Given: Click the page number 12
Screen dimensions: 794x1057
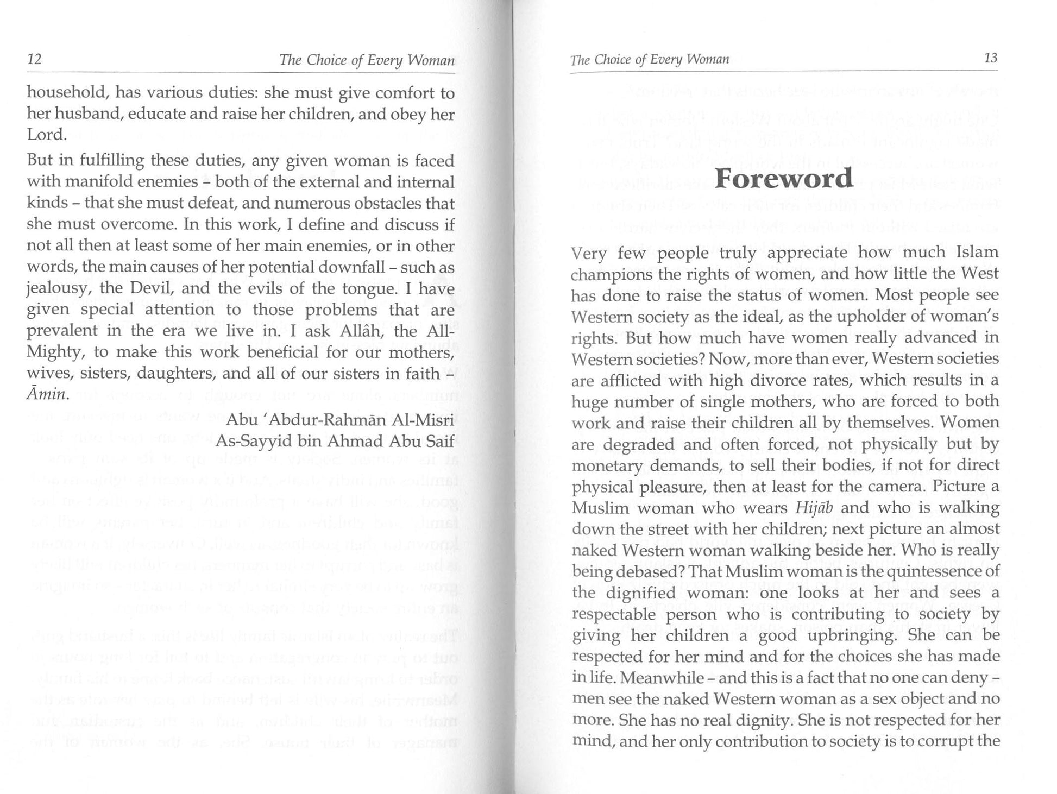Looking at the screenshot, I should (x=34, y=59).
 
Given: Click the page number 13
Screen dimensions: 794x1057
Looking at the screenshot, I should (x=991, y=58).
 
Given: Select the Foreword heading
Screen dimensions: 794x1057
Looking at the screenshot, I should (x=783, y=179).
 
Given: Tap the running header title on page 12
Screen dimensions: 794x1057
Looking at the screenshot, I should (x=367, y=60).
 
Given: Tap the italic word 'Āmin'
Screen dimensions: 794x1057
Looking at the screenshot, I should (x=48, y=394).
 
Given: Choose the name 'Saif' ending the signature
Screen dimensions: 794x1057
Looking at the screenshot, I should (x=439, y=441).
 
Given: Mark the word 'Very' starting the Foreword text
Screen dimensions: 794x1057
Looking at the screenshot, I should (x=589, y=253).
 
